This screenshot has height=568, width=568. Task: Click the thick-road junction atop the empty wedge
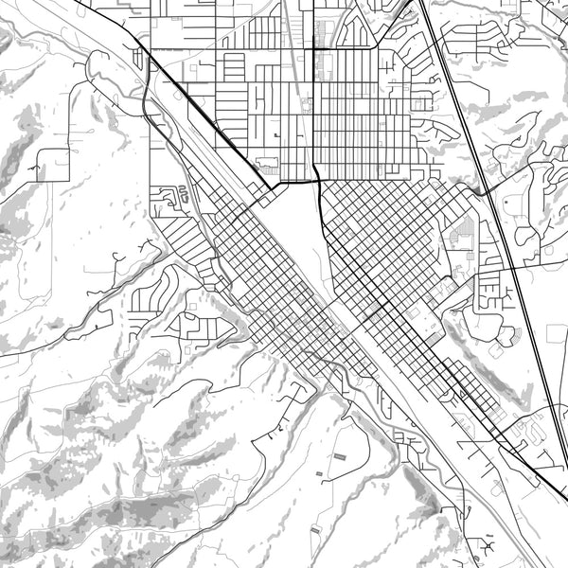click(x=317, y=180)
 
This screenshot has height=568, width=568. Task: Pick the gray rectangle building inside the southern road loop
click(x=338, y=457)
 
